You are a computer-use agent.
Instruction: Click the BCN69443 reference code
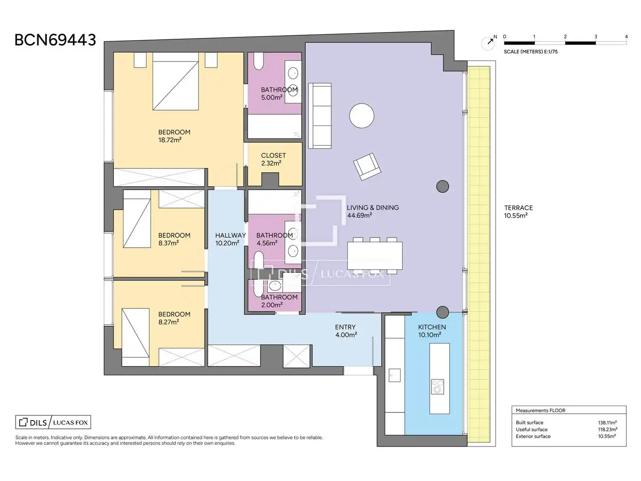(55, 40)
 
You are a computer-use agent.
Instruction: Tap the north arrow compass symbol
(488, 43)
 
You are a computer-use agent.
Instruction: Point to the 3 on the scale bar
(596, 37)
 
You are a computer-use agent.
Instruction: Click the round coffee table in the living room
(361, 115)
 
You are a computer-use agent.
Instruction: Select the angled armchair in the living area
(367, 167)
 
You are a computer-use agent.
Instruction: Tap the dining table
(375, 256)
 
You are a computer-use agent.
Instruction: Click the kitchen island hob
(437, 387)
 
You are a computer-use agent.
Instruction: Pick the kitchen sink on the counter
(394, 375)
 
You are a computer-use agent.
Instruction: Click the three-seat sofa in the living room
(320, 116)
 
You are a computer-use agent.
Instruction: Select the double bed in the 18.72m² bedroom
(175, 81)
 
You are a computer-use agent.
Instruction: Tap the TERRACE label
(518, 208)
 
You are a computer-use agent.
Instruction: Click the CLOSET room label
(273, 155)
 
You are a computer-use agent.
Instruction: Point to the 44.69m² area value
(360, 215)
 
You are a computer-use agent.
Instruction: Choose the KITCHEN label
(432, 327)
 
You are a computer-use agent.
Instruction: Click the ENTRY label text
(345, 327)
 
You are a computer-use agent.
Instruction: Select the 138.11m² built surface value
(608, 422)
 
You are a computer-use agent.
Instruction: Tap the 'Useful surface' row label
(531, 429)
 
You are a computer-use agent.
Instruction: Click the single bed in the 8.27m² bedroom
(135, 337)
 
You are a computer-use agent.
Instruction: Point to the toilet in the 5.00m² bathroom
(259, 61)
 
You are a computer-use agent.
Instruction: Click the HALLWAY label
(231, 235)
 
